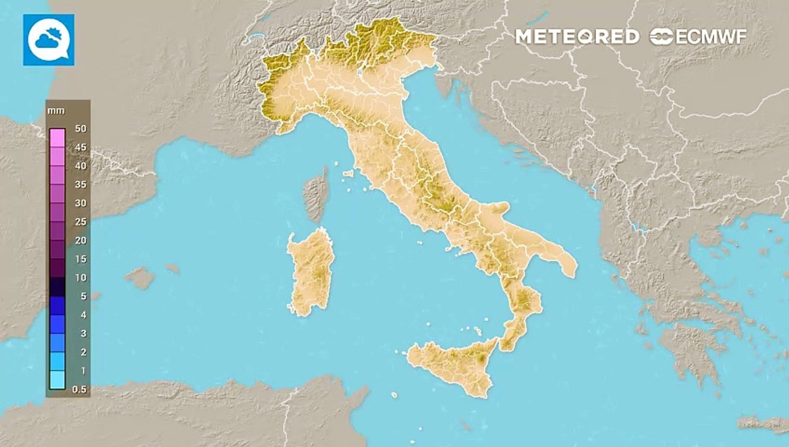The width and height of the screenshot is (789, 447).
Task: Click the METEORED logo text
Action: coord(577,37)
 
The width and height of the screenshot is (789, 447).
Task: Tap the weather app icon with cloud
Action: coord(48,40)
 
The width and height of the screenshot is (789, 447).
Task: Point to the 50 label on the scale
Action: coord(80,129)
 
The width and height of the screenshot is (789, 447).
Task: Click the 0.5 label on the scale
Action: coord(79,389)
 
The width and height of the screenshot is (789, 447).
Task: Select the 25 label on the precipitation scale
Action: coord(80,222)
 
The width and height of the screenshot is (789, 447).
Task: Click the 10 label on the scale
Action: coord(80,278)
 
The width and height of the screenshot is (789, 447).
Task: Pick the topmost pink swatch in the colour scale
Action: coord(57,137)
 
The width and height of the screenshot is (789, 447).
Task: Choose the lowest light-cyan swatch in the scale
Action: coord(57,379)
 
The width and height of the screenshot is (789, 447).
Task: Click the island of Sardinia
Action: coord(310,270)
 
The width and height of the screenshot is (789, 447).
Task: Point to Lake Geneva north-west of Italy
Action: coord(254,38)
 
